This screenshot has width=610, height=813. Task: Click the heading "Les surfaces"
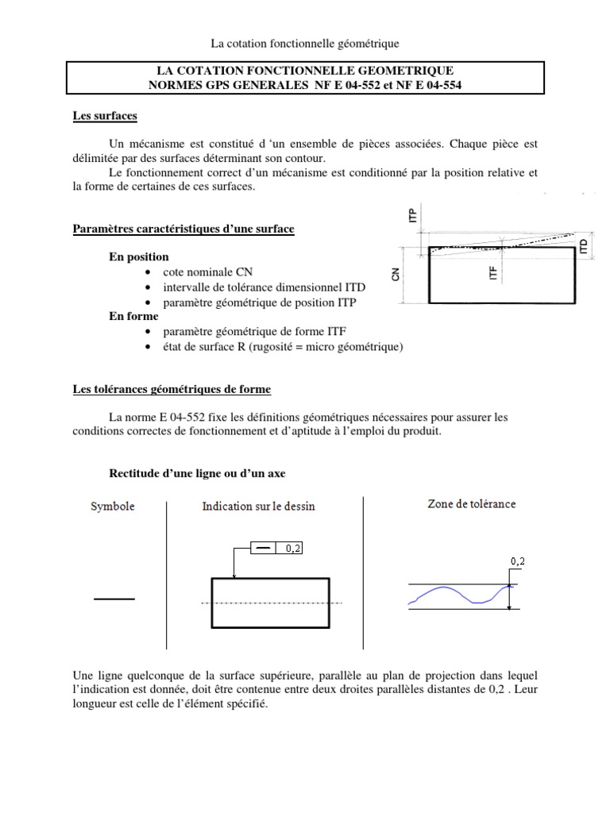[104, 117]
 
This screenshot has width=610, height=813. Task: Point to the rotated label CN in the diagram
[395, 274]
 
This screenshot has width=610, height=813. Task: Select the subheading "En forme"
[133, 315]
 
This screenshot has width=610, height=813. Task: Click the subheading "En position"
[138, 257]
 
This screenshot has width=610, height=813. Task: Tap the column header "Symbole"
[112, 506]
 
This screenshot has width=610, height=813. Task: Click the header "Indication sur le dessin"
[258, 506]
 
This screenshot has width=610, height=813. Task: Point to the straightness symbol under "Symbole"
[114, 600]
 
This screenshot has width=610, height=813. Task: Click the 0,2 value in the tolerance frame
[293, 548]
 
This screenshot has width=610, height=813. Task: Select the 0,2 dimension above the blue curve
[518, 561]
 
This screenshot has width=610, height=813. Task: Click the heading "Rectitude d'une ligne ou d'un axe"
[196, 473]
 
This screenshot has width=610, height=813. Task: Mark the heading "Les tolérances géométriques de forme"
[172, 389]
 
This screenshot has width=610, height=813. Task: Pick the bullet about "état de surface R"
[283, 347]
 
